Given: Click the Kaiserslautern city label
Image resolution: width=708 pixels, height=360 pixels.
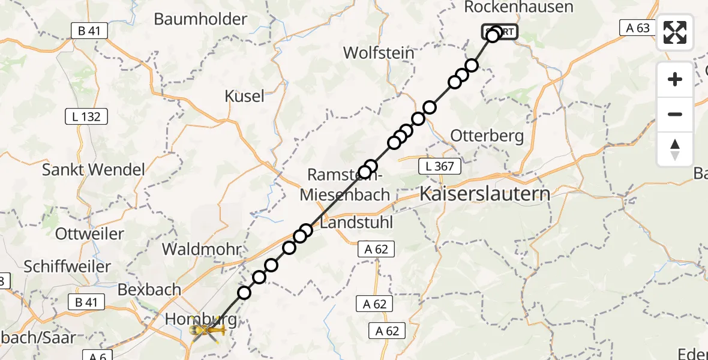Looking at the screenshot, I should [484, 194].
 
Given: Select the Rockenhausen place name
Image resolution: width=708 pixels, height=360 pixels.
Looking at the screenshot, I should [519, 7].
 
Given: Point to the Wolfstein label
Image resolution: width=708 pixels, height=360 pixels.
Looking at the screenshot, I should [379, 53].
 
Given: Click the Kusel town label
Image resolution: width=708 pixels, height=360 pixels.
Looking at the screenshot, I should [244, 96].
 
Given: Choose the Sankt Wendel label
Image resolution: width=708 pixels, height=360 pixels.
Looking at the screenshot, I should [93, 169].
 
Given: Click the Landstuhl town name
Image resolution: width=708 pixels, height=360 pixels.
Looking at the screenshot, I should [356, 223].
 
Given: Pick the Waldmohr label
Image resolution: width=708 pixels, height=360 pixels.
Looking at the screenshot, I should [202, 249].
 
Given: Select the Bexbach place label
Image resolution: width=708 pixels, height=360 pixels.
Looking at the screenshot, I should [149, 289].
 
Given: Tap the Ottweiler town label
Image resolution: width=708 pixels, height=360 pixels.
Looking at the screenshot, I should [89, 233].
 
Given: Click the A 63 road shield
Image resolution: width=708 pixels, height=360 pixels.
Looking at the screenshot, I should [637, 27].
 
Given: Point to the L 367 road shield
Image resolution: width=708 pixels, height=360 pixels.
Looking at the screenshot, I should [440, 166].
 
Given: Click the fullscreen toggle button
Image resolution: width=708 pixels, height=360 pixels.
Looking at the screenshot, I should [675, 32].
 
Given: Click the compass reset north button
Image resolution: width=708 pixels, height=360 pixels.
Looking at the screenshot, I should [675, 149].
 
